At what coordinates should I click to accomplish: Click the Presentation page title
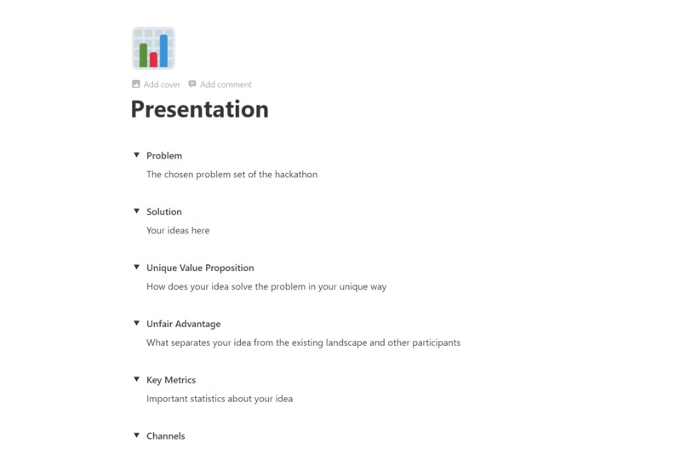click(199, 110)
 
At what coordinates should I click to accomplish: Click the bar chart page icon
click(153, 48)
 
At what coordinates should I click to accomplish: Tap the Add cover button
click(156, 84)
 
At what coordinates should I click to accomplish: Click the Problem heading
click(164, 156)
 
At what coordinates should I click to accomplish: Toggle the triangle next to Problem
click(136, 155)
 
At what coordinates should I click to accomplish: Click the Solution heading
click(164, 212)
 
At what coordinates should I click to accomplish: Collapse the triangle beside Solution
click(136, 211)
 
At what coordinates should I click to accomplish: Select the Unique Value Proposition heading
click(200, 268)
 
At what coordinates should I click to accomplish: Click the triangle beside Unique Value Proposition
click(136, 268)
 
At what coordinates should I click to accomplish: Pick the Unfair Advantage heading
click(183, 325)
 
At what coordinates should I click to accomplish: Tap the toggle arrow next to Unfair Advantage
click(136, 324)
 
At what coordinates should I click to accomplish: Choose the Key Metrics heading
click(171, 381)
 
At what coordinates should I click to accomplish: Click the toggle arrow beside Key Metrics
click(136, 380)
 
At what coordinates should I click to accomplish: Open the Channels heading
click(165, 436)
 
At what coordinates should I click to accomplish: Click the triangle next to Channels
click(136, 435)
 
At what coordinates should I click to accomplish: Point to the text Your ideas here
click(178, 231)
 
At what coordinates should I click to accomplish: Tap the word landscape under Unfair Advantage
click(375, 343)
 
